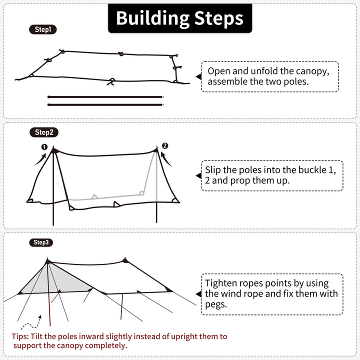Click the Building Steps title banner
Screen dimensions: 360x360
pyautogui.click(x=180, y=18)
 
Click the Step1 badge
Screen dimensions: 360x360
pyautogui.click(x=42, y=29)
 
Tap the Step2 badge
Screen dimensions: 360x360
pyautogui.click(x=43, y=132)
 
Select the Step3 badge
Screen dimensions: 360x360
pyautogui.click(x=41, y=242)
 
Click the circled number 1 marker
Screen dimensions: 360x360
pyautogui.click(x=44, y=147)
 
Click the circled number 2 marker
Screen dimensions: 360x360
pyautogui.click(x=165, y=146)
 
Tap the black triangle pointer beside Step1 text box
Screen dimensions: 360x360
pyautogui.click(x=198, y=76)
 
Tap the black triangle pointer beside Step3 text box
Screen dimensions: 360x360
pyautogui.click(x=198, y=294)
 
